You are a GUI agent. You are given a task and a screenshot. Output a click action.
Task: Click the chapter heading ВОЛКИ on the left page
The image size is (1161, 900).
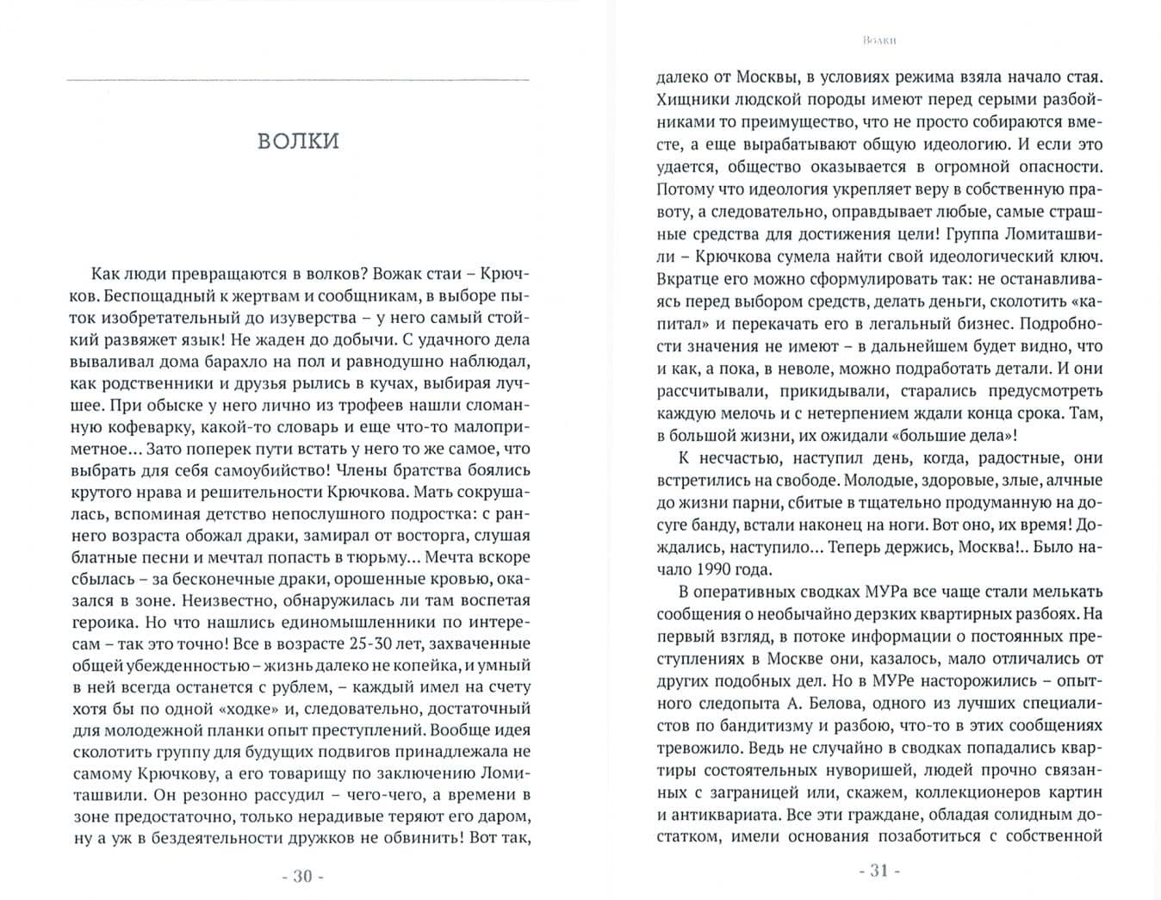pos(298,141)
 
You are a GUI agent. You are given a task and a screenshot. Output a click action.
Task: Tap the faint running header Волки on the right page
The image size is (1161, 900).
pos(879,40)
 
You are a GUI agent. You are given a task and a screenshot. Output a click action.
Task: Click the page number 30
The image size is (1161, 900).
pos(302,876)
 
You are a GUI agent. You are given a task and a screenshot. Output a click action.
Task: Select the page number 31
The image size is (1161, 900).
pos(879,870)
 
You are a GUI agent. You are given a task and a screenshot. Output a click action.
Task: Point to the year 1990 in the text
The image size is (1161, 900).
pos(722,569)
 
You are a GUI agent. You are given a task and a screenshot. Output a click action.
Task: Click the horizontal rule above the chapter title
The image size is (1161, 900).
pos(298,81)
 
